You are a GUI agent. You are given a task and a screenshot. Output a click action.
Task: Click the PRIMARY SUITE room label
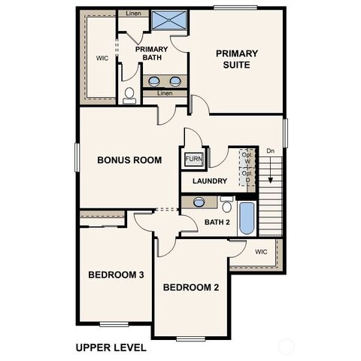236,59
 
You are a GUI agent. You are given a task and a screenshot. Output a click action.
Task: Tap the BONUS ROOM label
130,160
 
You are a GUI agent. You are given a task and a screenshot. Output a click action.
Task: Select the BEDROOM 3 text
116,275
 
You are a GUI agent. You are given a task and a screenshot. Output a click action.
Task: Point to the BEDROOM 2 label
191,287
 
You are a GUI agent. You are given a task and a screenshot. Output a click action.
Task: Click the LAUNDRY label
209,181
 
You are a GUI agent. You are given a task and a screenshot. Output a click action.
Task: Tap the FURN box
193,159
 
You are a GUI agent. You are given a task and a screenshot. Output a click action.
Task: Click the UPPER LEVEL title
111,348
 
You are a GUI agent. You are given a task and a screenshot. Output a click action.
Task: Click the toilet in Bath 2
226,205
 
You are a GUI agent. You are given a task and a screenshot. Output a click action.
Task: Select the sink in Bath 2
199,202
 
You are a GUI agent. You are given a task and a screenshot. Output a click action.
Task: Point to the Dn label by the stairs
270,151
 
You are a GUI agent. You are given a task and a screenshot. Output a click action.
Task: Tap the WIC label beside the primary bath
102,58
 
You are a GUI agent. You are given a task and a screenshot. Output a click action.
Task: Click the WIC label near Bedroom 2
261,251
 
